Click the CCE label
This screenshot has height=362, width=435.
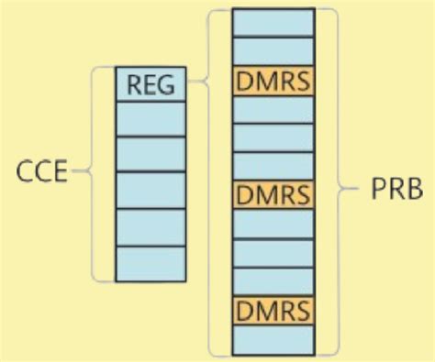click(x=42, y=172)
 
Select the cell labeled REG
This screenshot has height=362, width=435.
click(x=151, y=83)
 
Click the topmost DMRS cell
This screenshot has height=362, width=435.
click(x=273, y=81)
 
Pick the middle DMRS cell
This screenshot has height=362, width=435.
click(x=273, y=194)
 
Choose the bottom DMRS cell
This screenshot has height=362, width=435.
click(x=273, y=309)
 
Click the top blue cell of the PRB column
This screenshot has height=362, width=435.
click(x=273, y=23)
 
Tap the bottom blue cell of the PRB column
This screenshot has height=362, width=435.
click(x=273, y=339)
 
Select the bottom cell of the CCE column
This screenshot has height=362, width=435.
click(x=151, y=263)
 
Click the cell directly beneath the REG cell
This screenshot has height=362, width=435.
click(x=151, y=119)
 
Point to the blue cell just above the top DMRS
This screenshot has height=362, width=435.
click(x=273, y=51)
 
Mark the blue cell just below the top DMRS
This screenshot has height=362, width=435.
click(x=273, y=109)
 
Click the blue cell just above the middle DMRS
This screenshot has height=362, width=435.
click(x=273, y=166)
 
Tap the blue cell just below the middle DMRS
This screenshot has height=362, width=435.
click(x=273, y=224)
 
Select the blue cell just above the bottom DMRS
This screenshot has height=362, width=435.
click(x=273, y=280)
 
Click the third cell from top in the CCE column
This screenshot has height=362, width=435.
click(x=151, y=155)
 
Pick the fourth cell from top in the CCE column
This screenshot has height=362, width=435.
click(x=151, y=191)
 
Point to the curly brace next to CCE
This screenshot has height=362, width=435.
click(x=95, y=172)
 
